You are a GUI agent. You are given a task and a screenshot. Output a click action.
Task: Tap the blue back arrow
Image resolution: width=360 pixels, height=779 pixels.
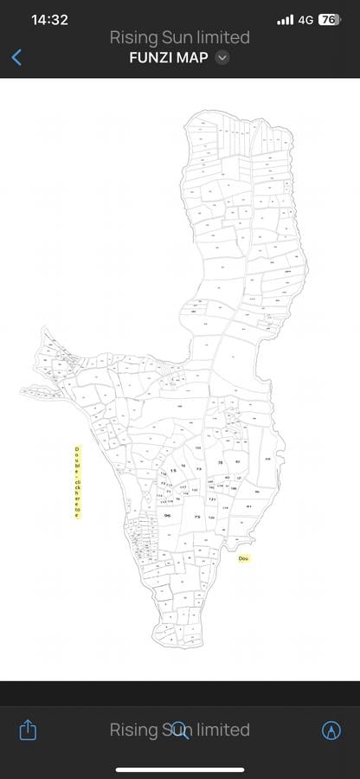pyautogui.click(x=16, y=57)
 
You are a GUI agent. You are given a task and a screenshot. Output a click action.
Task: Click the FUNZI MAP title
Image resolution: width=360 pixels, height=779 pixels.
pyautogui.click(x=168, y=58)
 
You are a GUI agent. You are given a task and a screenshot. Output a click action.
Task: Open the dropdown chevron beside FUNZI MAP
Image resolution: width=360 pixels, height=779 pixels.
pyautogui.click(x=222, y=58)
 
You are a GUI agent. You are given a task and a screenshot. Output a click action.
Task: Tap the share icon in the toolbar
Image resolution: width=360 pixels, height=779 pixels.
pyautogui.click(x=28, y=730)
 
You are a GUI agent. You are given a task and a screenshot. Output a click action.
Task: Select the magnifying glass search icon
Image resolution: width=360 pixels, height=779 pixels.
pyautogui.click(x=179, y=730)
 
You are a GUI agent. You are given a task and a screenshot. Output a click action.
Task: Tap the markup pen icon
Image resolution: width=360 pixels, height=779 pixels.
pyautogui.click(x=331, y=730)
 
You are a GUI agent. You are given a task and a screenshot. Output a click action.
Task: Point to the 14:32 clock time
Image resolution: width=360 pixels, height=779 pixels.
pyautogui.click(x=49, y=20)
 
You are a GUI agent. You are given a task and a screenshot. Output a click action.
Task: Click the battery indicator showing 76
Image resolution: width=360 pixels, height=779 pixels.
pyautogui.click(x=329, y=20)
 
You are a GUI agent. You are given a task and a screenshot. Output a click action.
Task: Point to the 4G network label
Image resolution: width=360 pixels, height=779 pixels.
pyautogui.click(x=305, y=20)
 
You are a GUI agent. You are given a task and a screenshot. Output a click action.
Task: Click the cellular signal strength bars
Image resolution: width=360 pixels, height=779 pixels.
pyautogui.click(x=286, y=20)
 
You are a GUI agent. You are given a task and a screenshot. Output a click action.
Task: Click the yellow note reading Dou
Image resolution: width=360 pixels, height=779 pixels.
pyautogui.click(x=243, y=558)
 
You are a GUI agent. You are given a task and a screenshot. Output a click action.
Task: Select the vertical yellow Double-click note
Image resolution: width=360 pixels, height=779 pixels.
pyautogui.click(x=76, y=482)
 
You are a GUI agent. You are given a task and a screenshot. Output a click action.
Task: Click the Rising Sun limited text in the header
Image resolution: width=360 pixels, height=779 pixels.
pyautogui.click(x=179, y=37)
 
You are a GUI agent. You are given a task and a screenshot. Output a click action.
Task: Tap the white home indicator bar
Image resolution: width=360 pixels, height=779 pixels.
pyautogui.click(x=180, y=769)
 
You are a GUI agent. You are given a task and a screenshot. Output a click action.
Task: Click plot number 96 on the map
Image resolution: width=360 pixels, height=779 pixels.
pyautogui.click(x=167, y=516)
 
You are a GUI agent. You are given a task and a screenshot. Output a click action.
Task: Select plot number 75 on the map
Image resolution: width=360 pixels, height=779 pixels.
pyautogui.click(x=197, y=517)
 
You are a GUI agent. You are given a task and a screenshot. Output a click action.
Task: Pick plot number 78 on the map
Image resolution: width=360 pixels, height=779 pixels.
pyautogui.click(x=220, y=463)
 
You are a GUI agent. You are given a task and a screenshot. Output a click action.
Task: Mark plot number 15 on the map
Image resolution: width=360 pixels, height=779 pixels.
pyautogui.click(x=173, y=470)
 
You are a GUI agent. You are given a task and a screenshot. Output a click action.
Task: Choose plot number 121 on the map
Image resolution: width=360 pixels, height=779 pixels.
pyautogui.click(x=211, y=499)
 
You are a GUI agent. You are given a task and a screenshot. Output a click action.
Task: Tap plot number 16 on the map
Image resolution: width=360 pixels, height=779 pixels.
pyautogui.click(x=183, y=466)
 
